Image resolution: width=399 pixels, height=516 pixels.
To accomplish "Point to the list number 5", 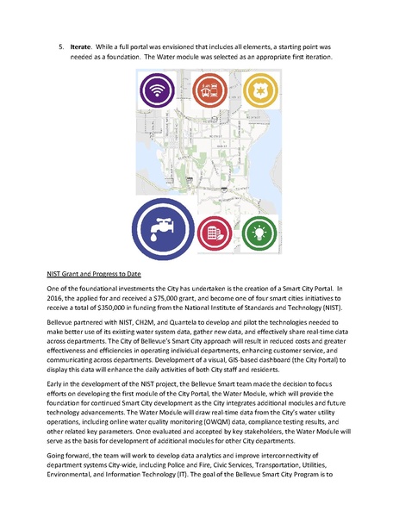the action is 60,40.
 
